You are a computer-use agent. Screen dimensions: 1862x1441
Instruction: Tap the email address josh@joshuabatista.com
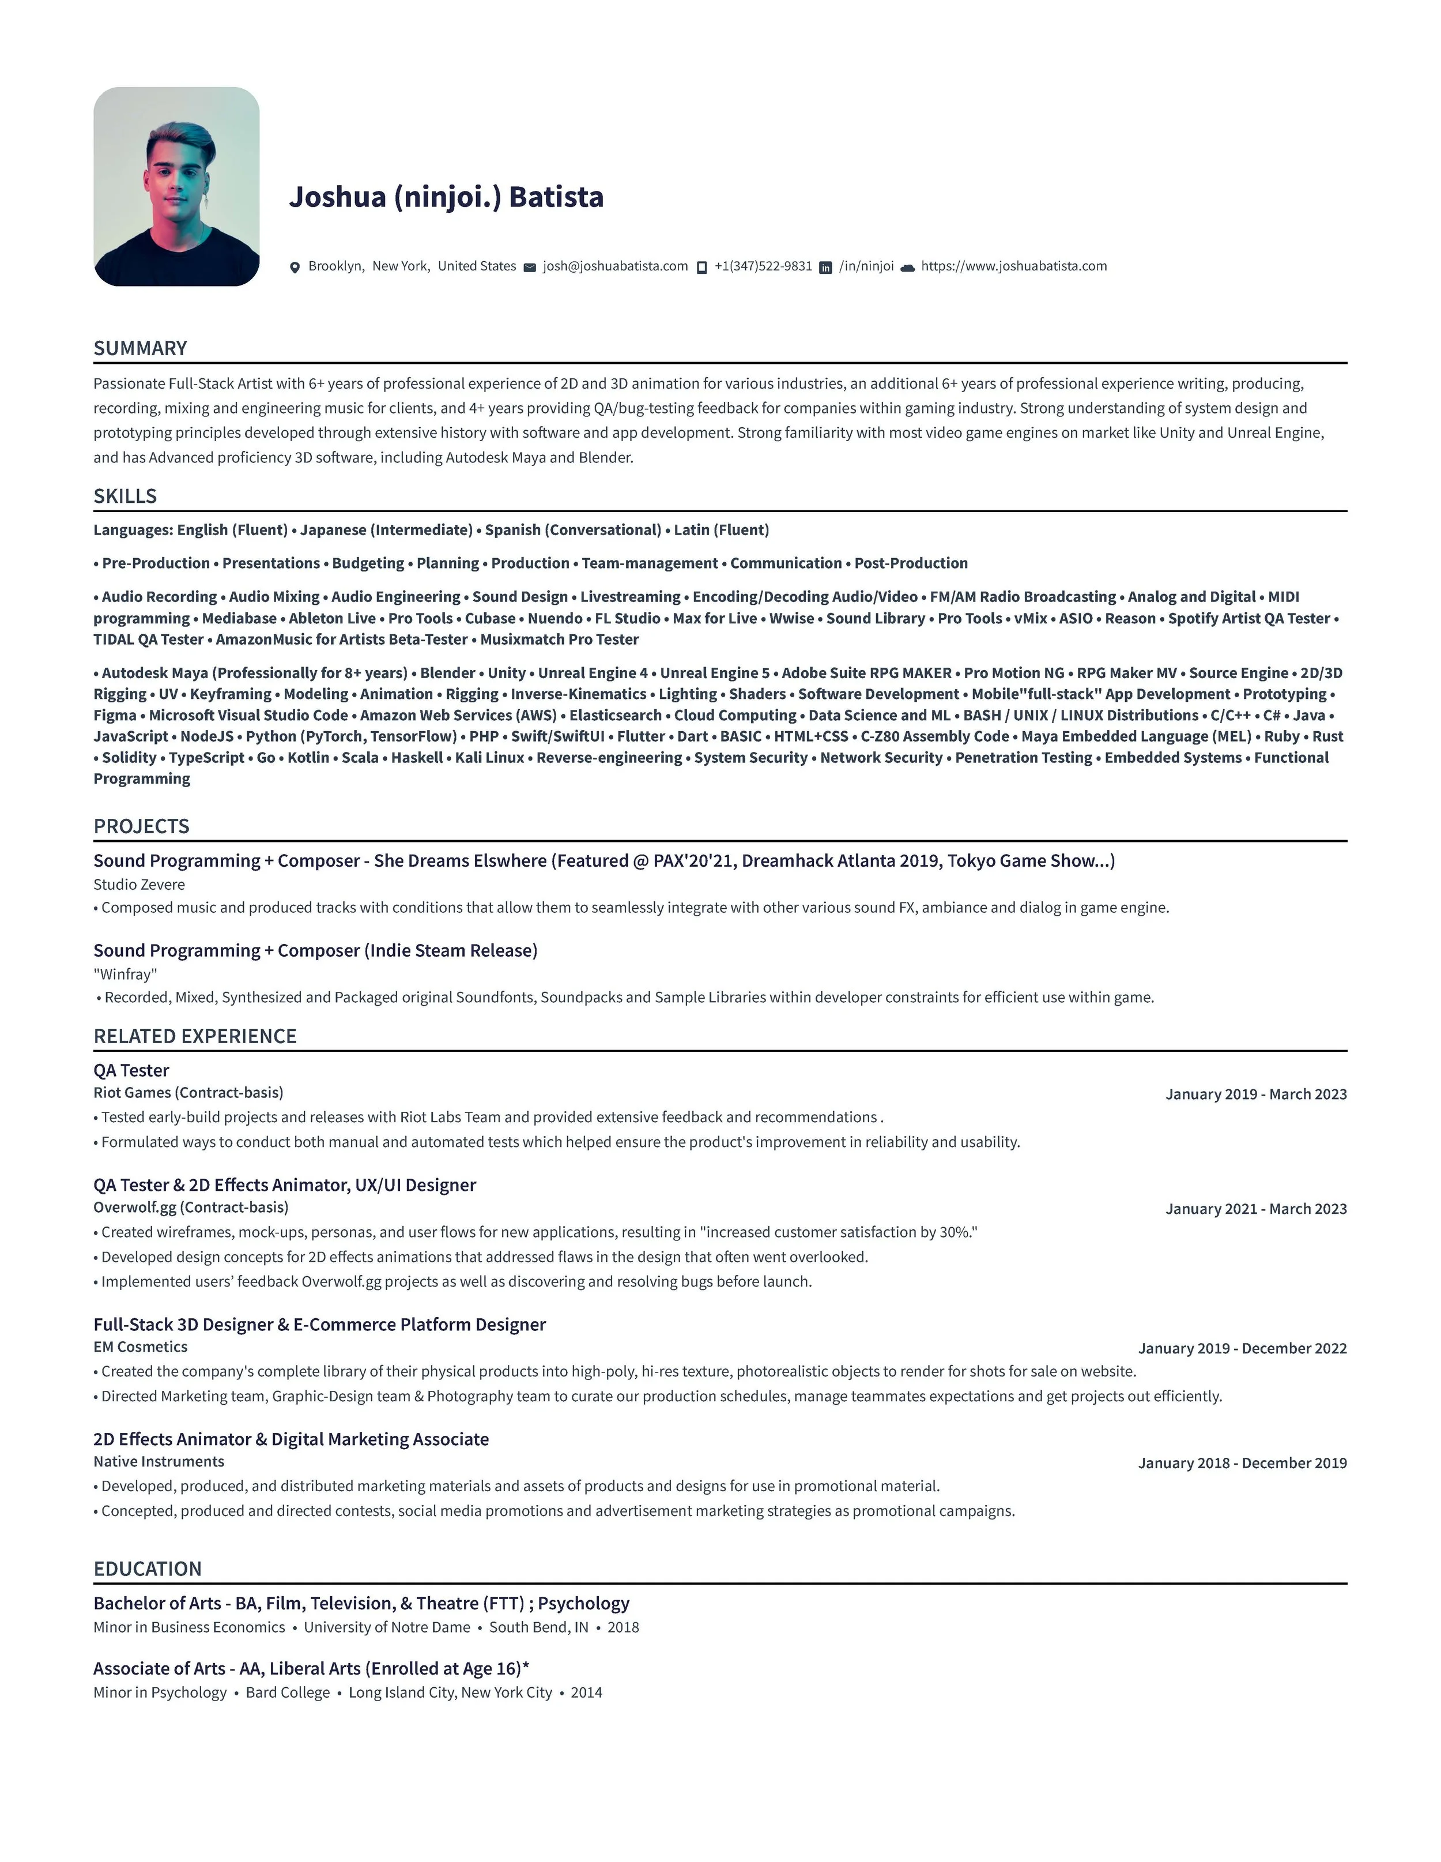[x=614, y=266]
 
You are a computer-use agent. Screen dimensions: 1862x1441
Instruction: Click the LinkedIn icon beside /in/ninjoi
[x=825, y=268]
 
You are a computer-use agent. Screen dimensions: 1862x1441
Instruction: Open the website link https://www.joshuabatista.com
[x=1013, y=266]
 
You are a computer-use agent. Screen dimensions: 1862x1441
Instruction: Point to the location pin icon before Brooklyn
[x=295, y=268]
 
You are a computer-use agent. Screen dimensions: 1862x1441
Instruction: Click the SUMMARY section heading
[x=141, y=348]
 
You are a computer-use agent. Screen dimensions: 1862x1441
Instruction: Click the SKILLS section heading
[x=125, y=496]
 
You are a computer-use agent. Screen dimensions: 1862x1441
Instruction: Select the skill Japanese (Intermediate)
[x=386, y=529]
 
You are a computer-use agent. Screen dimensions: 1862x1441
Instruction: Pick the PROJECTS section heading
[x=141, y=826]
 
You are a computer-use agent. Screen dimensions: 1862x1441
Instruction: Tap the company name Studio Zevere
[x=139, y=884]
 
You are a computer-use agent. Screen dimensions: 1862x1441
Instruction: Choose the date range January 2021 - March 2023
[x=1255, y=1208]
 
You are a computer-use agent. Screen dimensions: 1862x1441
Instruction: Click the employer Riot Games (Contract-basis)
[x=188, y=1092]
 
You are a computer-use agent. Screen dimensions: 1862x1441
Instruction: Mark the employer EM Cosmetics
[x=141, y=1346]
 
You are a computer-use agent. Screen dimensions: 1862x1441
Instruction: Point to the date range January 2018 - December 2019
[x=1242, y=1463]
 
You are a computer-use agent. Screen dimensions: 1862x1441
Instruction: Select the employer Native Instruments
[x=159, y=1461]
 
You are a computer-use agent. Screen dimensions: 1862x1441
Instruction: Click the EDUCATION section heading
[x=148, y=1568]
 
